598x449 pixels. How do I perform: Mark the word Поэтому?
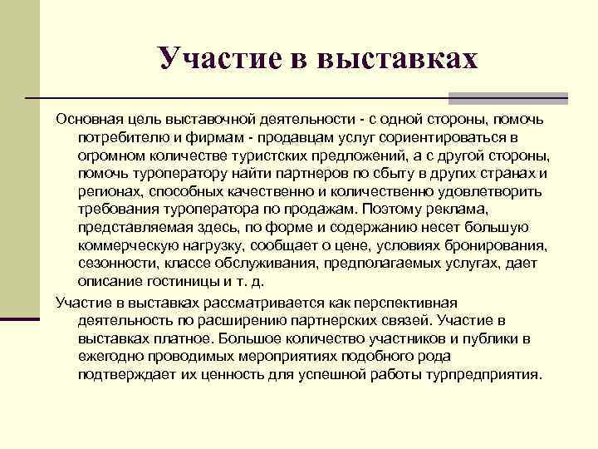[476, 210]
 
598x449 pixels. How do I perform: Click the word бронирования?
[500, 246]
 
